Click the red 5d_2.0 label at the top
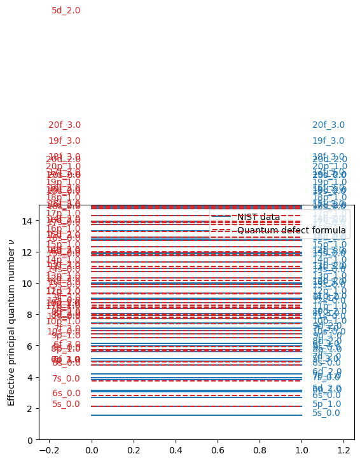[66, 10]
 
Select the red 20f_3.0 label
[64, 125]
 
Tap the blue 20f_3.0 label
[328, 125]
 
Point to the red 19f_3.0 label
[64, 141]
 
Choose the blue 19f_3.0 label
[328, 141]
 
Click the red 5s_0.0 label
[66, 404]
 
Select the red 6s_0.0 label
[66, 393]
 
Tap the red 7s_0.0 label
[66, 378]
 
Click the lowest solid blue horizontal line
[197, 415]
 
